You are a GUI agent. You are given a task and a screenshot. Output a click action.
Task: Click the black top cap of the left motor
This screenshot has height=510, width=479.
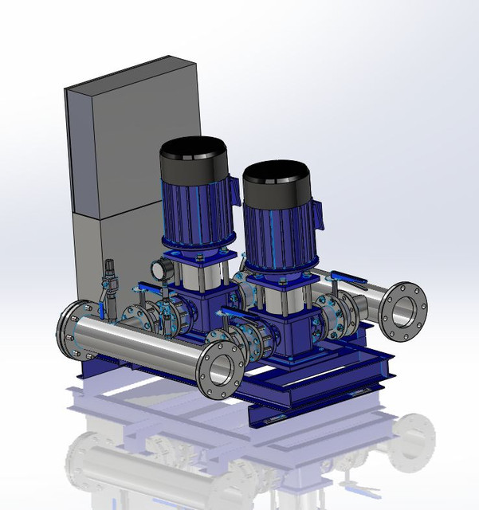click(194, 163)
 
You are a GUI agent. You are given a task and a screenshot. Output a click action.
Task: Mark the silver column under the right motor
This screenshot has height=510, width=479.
click(275, 291)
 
